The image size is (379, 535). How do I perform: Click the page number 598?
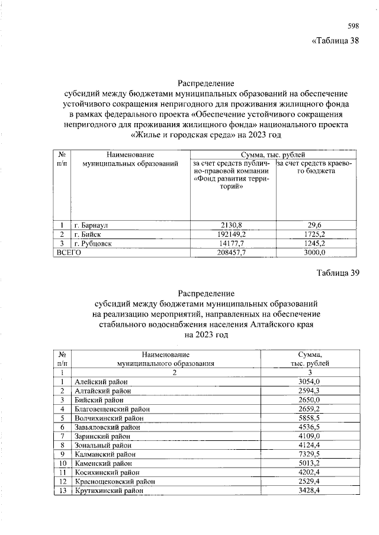tap(352, 25)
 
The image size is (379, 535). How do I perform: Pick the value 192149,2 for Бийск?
tap(233, 234)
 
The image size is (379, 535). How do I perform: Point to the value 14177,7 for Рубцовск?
tap(233, 243)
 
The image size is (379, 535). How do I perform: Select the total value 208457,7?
tap(233, 252)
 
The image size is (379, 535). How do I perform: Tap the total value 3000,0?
tap(314, 252)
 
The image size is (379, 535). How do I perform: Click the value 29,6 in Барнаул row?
tap(314, 225)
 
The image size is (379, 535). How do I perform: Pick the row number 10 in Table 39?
tap(62, 463)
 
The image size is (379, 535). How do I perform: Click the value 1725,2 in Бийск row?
tap(314, 234)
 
